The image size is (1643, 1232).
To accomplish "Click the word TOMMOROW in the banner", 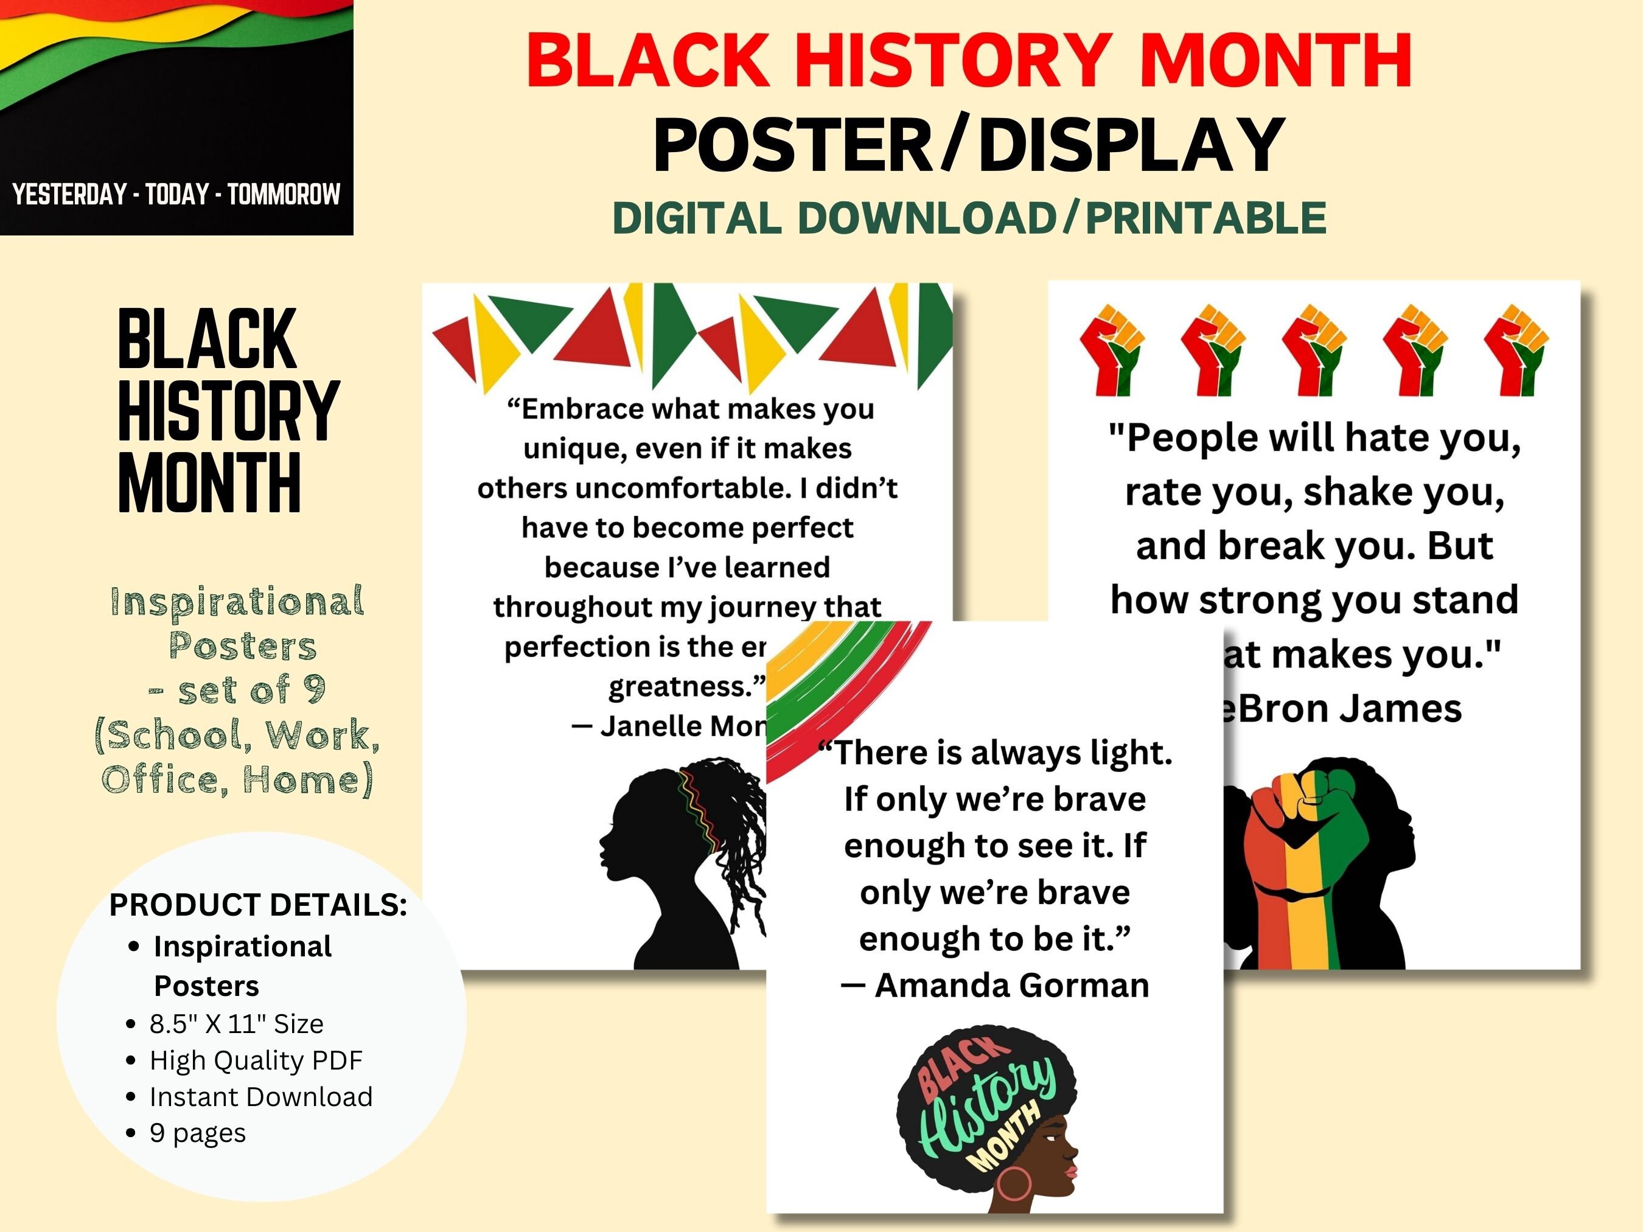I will point(284,195).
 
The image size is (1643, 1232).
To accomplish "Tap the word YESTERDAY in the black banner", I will point(69,195).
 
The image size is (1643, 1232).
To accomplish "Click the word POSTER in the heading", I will point(791,145).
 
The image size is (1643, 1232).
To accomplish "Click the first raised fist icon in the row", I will point(1112,349).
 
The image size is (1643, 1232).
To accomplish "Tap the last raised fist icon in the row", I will point(1515,349).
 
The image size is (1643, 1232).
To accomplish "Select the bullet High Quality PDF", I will point(256,1060).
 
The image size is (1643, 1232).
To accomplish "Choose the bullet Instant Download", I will point(260,1097).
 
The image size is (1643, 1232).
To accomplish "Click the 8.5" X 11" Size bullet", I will point(236,1024).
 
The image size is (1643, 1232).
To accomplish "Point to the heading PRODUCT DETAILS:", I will point(258,905).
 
